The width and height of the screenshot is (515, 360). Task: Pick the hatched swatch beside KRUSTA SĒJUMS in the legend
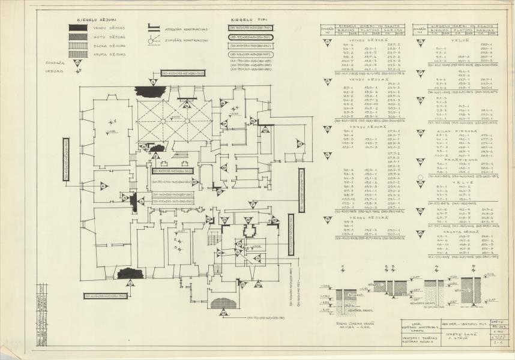(x=77, y=54)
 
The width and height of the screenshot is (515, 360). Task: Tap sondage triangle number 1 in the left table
(x=327, y=43)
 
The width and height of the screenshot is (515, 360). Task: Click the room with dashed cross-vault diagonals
(x=174, y=120)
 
